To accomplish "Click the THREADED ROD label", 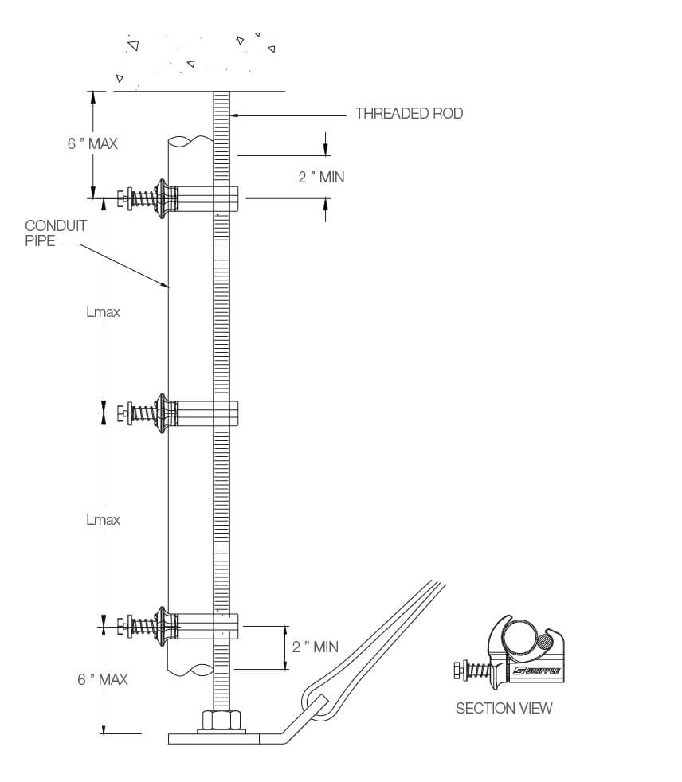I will pos(409,114).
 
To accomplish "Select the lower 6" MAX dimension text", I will pos(103,679).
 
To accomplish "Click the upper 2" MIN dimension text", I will pos(322,177).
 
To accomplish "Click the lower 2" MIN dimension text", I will pos(315,647).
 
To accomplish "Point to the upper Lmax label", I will pos(103,311).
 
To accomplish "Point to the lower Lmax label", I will pos(103,519).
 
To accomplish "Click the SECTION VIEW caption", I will pos(504,707).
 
